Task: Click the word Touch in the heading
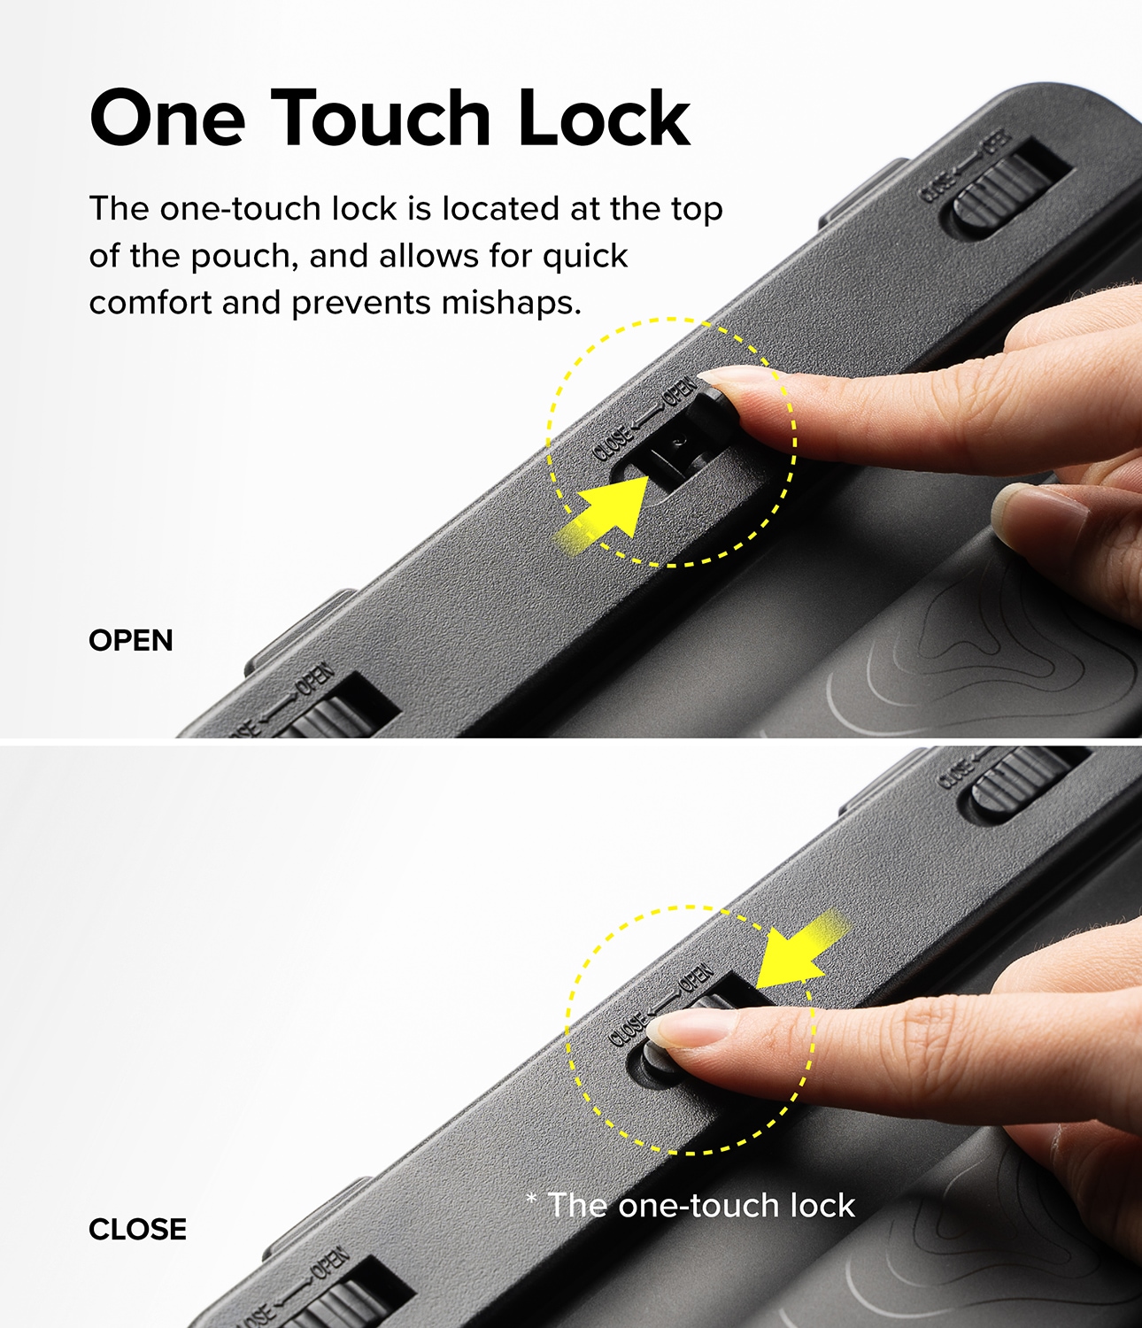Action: [x=381, y=118]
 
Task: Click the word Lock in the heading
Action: [x=603, y=118]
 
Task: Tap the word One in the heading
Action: [x=167, y=118]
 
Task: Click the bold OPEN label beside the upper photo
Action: [x=130, y=641]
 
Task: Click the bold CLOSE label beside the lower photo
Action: [x=137, y=1229]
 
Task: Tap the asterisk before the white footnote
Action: [x=531, y=1199]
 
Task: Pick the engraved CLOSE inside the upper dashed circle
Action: [x=613, y=444]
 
